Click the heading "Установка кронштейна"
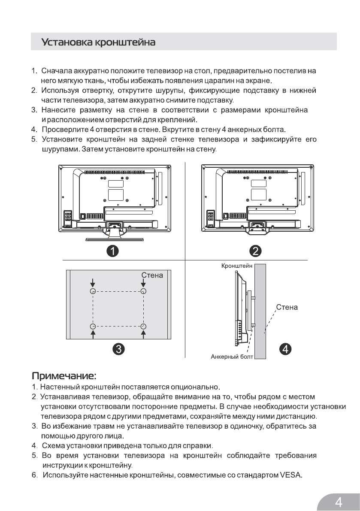pos(98,43)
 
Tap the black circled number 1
pos(112,250)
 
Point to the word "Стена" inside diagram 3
pos(152,275)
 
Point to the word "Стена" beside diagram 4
pos(287,308)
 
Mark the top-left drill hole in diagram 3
pos(93,291)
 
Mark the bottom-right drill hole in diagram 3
pos(143,327)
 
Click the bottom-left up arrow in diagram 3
pos(93,334)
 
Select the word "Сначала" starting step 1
pos(58,71)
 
